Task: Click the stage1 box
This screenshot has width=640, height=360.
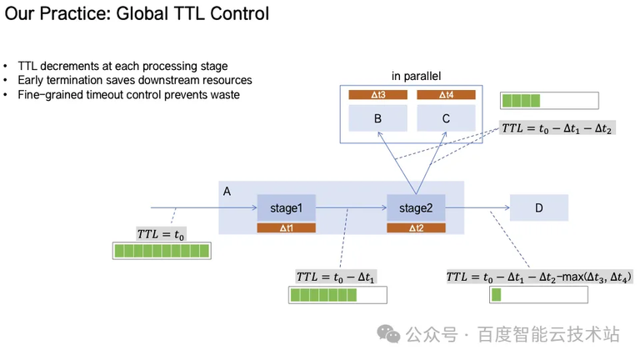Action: click(x=286, y=207)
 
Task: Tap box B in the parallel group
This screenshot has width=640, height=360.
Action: click(x=377, y=118)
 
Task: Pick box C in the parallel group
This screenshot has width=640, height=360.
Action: click(x=446, y=118)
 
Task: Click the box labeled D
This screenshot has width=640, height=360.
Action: click(x=538, y=207)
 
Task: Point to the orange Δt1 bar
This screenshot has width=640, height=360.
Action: click(x=286, y=227)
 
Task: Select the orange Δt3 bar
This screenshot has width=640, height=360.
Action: click(x=377, y=95)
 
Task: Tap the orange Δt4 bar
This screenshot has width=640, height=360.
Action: click(x=446, y=95)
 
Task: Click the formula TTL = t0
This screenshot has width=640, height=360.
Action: click(x=161, y=234)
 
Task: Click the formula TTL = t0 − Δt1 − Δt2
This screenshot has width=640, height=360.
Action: click(x=557, y=129)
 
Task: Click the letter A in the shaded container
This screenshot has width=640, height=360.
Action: click(x=227, y=192)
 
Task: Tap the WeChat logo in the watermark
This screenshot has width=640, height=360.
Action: click(x=388, y=334)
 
